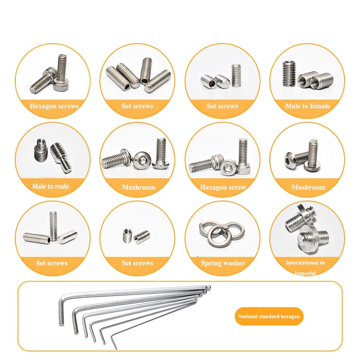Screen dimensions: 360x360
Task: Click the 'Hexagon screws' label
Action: [x=54, y=106]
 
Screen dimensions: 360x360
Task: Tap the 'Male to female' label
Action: [x=307, y=106]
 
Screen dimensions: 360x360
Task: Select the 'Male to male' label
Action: [x=50, y=186]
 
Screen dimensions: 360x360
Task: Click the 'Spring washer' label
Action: [x=223, y=263]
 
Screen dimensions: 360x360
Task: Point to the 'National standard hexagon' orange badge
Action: [x=269, y=316]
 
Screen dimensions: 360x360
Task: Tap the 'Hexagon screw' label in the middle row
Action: [x=223, y=187]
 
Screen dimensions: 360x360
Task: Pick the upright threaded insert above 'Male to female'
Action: [x=288, y=74]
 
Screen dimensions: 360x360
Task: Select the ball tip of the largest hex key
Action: [x=209, y=287]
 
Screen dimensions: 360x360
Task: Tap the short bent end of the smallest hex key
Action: [x=114, y=342]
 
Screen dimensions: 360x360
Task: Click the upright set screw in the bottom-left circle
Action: [x=53, y=226]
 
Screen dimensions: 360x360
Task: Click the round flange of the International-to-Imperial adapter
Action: [x=308, y=239]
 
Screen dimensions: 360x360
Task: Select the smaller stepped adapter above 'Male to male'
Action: [x=41, y=150]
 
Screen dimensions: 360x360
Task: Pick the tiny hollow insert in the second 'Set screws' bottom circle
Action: [x=127, y=235]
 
